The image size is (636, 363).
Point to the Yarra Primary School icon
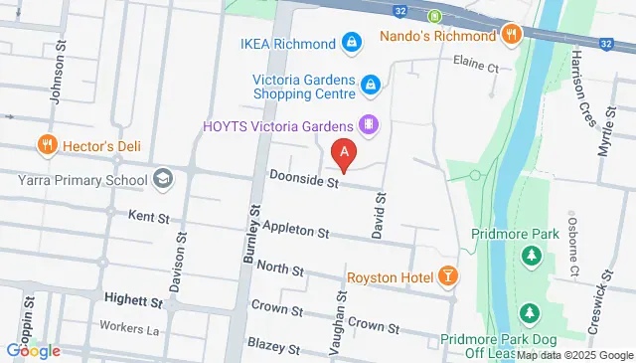click(164, 180)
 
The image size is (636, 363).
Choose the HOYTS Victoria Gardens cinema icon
click(370, 125)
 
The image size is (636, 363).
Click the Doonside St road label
click(304, 181)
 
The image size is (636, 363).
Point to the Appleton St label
click(295, 232)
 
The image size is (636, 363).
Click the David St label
click(379, 216)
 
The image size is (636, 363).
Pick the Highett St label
click(133, 299)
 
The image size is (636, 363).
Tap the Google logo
click(32, 350)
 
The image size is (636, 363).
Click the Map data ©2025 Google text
click(573, 355)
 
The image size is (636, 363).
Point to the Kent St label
click(146, 216)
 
